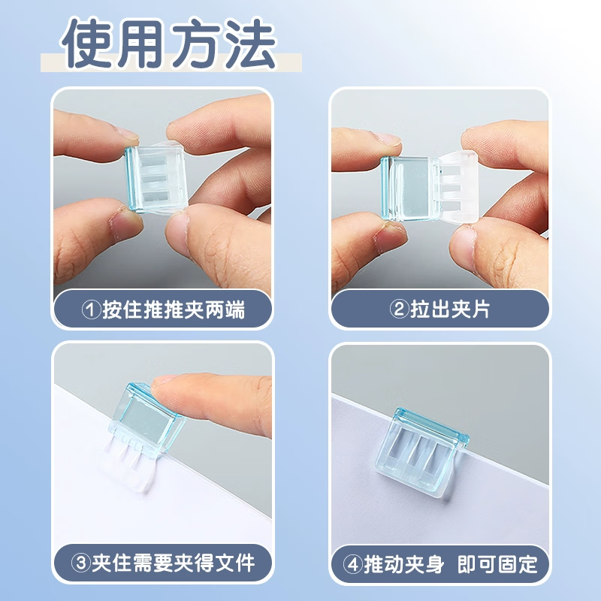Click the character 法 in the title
point(250,43)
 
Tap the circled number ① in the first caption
point(91,310)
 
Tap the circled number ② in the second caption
point(399,309)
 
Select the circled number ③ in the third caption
point(81,563)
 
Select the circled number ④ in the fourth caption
point(352,564)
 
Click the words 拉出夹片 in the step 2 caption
point(450,309)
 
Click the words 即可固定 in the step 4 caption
point(497,564)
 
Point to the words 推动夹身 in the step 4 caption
point(404,564)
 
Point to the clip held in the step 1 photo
point(156,178)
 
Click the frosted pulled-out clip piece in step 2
point(458,187)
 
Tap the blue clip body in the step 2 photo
point(410,189)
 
